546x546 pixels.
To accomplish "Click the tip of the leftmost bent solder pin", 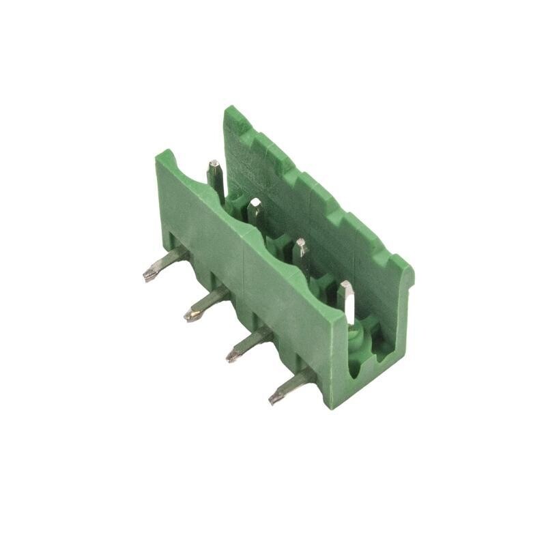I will coord(147,276).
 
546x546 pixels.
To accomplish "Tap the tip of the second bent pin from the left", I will coord(189,316).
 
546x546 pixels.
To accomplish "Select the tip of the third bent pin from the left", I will coord(232,356).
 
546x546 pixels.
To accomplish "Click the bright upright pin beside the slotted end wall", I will coord(347,300).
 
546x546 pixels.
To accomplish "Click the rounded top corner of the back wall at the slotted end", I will coord(407,268).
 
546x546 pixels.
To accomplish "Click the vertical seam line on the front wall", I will coord(244,273).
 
